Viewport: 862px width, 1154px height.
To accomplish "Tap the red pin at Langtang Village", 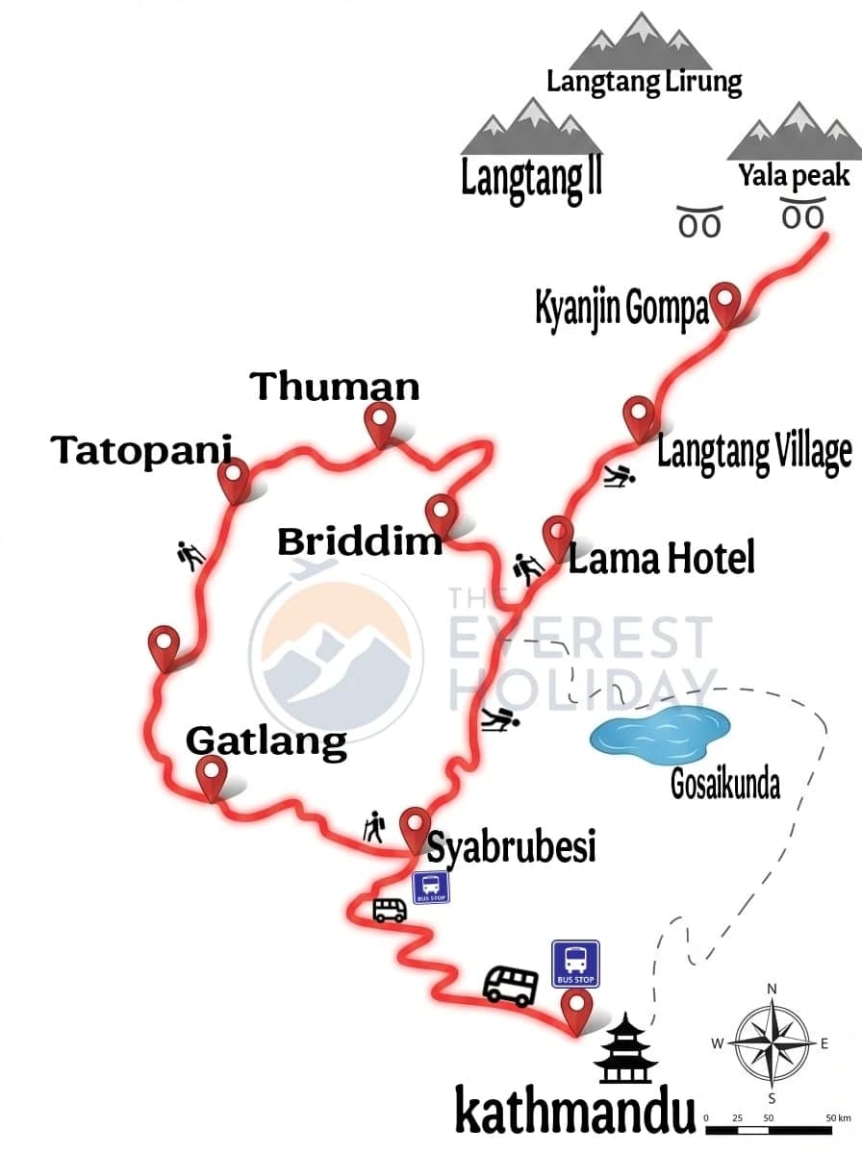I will (639, 415).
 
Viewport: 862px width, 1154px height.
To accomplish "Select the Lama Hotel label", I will (661, 558).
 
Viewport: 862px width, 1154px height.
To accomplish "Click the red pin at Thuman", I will (381, 421).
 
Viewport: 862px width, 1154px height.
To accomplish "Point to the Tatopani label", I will (142, 449).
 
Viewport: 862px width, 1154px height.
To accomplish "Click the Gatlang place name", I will (266, 741).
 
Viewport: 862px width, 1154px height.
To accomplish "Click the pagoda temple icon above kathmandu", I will (625, 1048).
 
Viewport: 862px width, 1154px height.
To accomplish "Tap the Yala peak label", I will (794, 176).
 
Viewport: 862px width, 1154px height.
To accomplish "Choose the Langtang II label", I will (531, 178).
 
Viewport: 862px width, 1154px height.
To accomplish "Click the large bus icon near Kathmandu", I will (511, 985).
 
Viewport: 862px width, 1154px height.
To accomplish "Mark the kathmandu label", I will (574, 1114).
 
